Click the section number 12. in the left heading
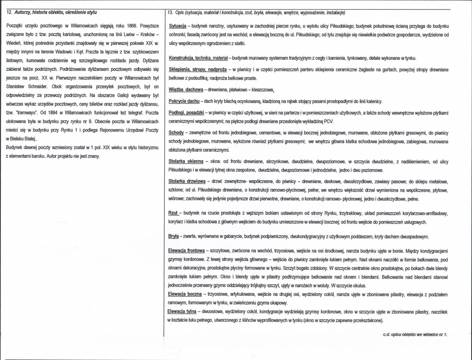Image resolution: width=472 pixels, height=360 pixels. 10,13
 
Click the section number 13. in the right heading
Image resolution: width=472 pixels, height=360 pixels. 170,13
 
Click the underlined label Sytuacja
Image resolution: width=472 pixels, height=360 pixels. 177,26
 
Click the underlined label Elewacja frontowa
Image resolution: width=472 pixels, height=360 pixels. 186,250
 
